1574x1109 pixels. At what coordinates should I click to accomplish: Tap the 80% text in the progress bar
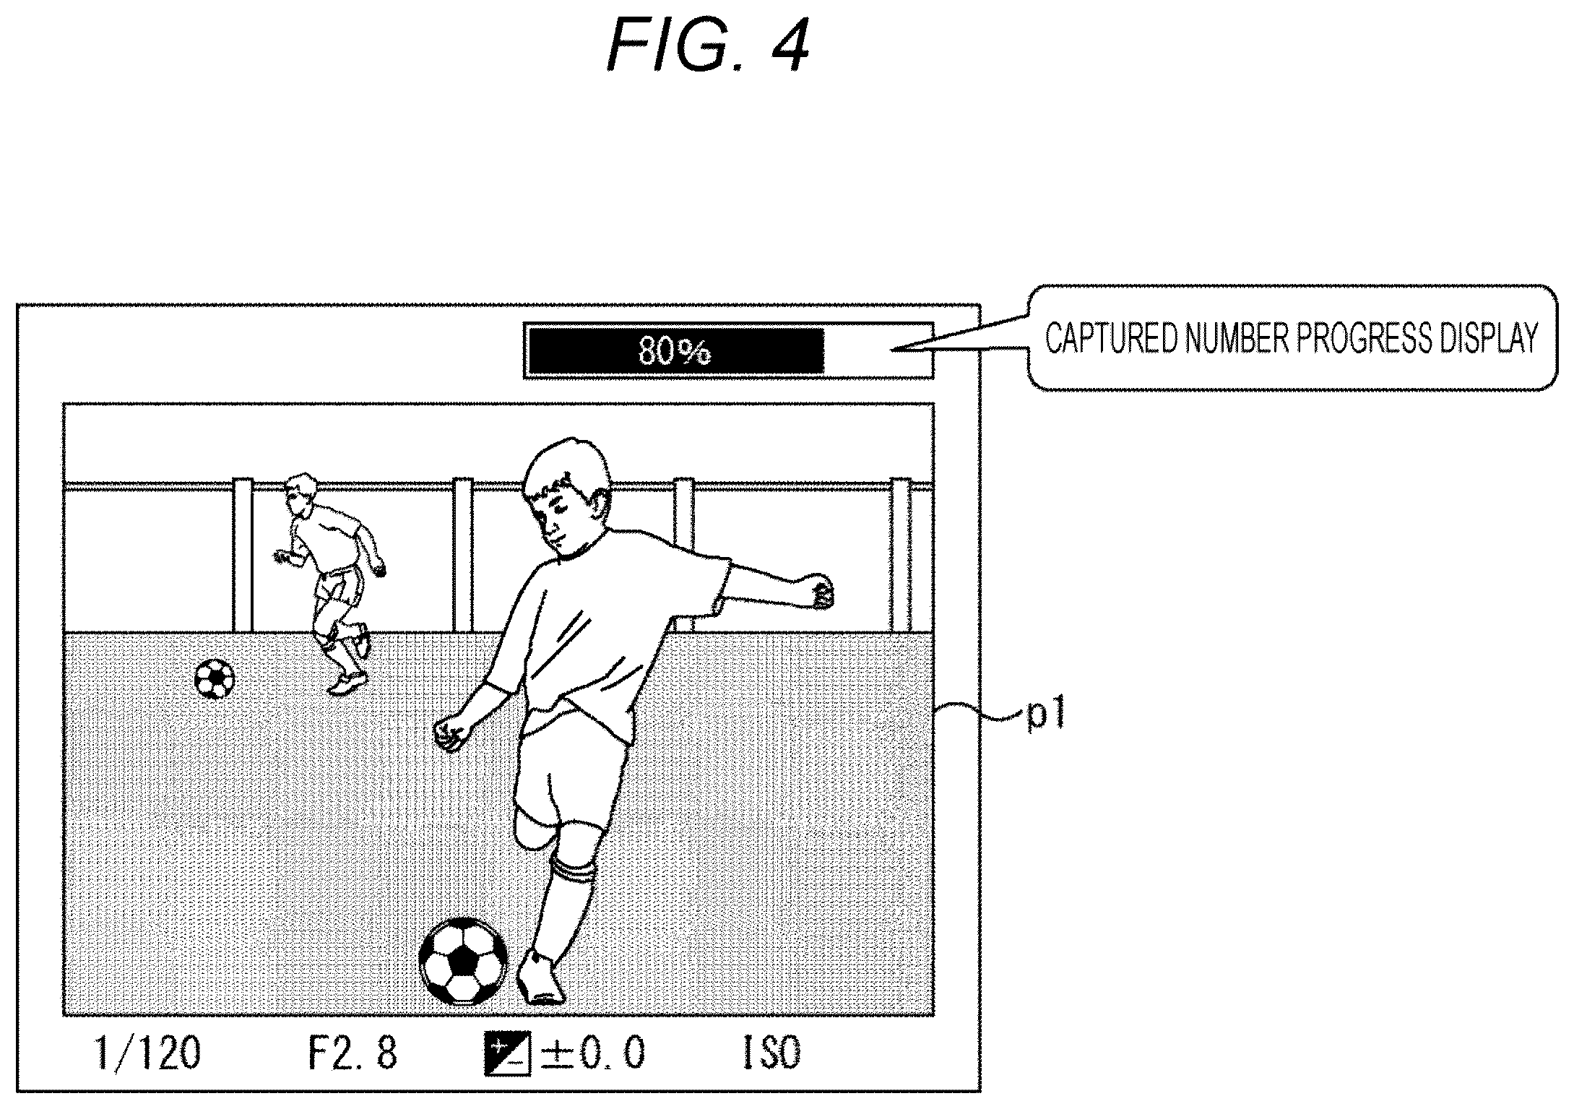675,351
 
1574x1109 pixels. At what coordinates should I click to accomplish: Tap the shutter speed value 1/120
148,1054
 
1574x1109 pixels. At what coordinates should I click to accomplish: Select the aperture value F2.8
353,1054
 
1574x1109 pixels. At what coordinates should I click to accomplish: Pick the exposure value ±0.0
592,1054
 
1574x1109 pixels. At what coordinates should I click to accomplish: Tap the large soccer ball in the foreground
463,961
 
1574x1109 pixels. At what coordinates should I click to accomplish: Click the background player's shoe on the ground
347,683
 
